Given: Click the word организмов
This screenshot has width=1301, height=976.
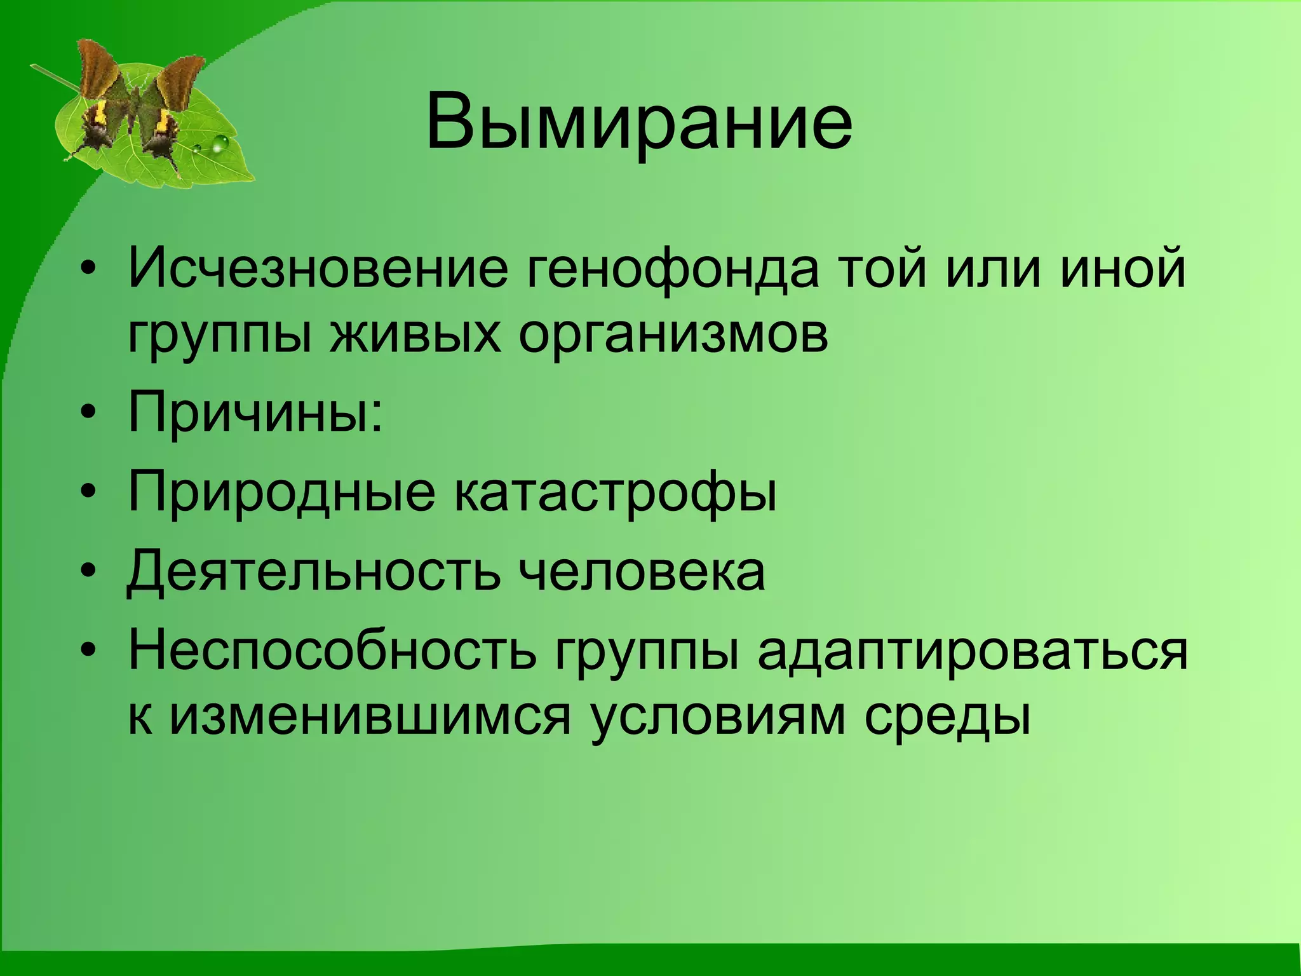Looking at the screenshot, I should pyautogui.click(x=673, y=335).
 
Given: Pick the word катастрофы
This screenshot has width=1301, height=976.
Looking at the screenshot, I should pyautogui.click(x=615, y=493).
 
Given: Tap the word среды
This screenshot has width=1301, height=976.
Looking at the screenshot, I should pyautogui.click(x=947, y=717).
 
